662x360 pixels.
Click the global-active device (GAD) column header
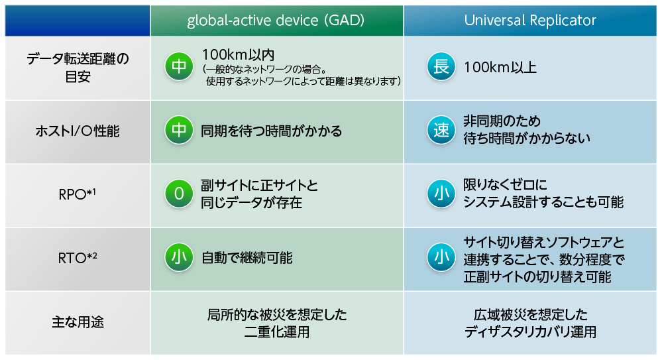[276, 21]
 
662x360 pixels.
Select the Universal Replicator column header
[530, 21]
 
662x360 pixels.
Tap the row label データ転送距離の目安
[78, 68]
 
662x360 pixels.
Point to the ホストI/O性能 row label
[78, 131]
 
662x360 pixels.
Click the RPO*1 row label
[78, 194]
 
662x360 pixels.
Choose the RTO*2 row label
[78, 257]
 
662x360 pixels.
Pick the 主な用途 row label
[78, 322]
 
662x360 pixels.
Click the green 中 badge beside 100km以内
[179, 66]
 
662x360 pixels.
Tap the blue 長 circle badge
[441, 66]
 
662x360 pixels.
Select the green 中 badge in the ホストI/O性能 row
[179, 130]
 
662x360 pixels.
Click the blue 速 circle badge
[441, 130]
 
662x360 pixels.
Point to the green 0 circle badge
[179, 194]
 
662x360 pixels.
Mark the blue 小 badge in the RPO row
[441, 194]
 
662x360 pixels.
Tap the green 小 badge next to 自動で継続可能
[179, 257]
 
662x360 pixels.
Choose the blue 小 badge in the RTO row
[441, 257]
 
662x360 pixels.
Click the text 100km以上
[500, 67]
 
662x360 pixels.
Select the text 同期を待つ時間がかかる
[272, 131]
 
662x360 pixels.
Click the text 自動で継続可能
[247, 258]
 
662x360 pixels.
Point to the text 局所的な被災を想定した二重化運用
[277, 323]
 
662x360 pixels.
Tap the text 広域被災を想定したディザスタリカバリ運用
[531, 323]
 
